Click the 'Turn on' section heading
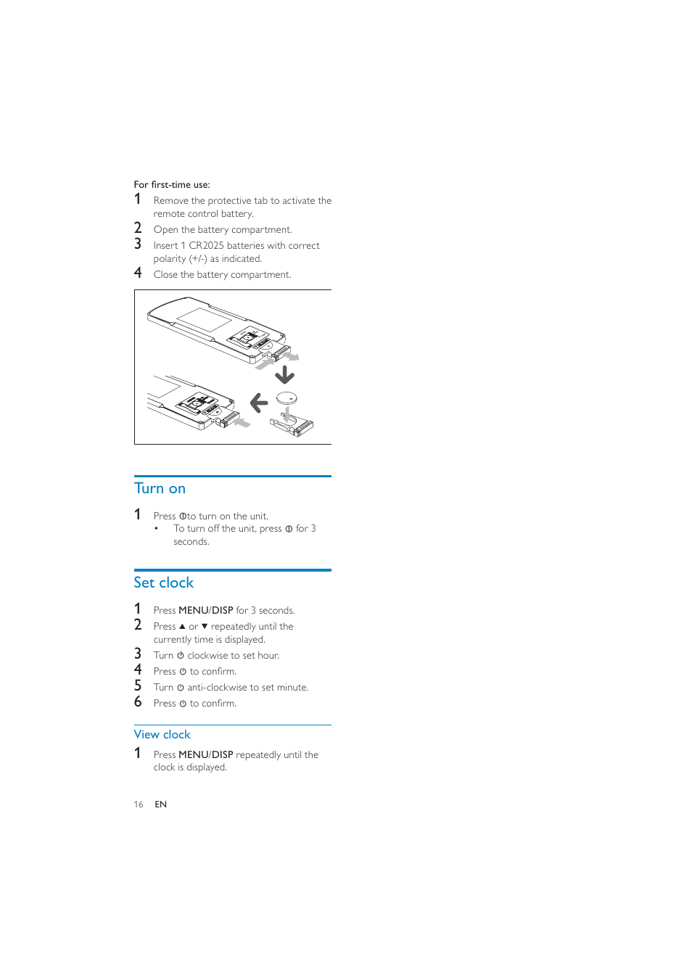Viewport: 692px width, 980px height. [x=160, y=488]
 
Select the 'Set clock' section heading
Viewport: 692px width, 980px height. [x=163, y=582]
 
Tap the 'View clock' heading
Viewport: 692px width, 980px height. [x=162, y=734]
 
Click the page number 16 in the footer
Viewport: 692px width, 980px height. [x=138, y=804]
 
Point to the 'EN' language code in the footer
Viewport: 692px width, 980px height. [x=160, y=804]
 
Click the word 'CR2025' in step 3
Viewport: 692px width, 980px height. [x=206, y=246]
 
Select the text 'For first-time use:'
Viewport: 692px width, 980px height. [x=172, y=185]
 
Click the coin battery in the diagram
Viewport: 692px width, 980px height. [x=287, y=398]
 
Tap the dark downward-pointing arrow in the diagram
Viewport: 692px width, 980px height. [x=284, y=374]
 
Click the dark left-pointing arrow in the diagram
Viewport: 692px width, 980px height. [x=259, y=402]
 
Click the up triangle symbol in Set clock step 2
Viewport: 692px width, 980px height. [x=182, y=626]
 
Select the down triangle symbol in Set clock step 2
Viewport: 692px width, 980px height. [x=205, y=626]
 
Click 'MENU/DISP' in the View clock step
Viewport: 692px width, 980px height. [x=205, y=754]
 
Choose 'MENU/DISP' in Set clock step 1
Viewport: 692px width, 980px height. [x=205, y=610]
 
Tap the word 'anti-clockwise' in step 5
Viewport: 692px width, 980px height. [x=217, y=687]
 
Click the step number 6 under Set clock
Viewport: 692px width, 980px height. [x=138, y=701]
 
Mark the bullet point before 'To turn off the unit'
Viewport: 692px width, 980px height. [x=156, y=529]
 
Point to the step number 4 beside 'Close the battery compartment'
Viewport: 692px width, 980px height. [x=138, y=273]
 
